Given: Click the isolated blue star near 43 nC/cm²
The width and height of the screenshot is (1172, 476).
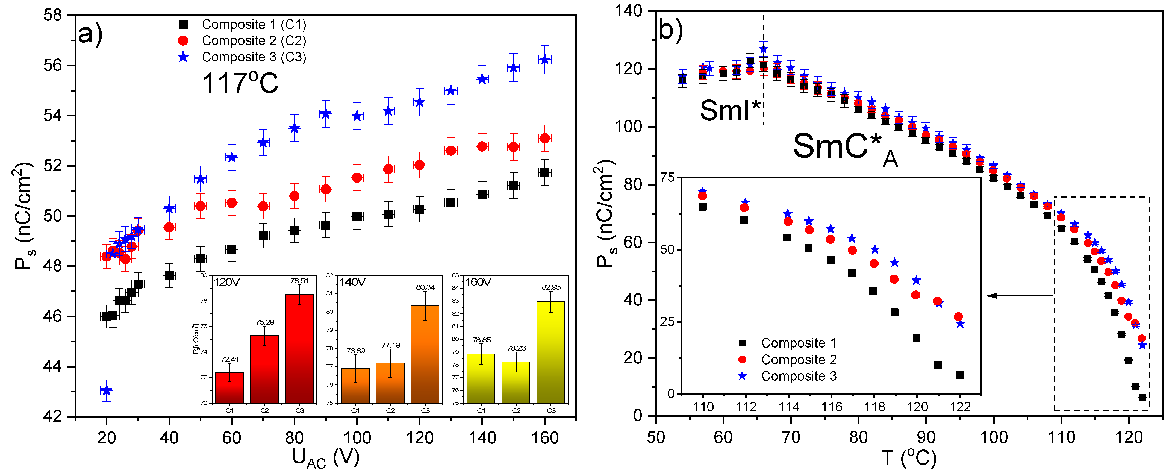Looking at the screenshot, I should tap(107, 390).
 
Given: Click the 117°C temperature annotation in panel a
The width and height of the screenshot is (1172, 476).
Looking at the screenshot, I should tap(240, 83).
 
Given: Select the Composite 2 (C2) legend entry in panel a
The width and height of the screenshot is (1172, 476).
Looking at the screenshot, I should tap(254, 41).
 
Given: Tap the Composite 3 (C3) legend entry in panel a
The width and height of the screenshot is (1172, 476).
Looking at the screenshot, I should tap(254, 57).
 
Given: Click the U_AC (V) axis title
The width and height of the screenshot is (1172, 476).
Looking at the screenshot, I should tap(325, 457).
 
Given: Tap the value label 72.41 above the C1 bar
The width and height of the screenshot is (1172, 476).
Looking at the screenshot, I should tap(229, 360).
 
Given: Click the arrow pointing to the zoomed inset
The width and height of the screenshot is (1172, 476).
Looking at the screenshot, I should tap(1019, 296).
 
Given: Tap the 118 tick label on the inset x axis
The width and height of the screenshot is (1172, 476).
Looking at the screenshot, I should tap(874, 407).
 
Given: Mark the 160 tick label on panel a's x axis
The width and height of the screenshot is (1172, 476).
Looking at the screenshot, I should tap(544, 438).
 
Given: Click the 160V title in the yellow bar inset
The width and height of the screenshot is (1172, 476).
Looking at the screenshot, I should tap(478, 282).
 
